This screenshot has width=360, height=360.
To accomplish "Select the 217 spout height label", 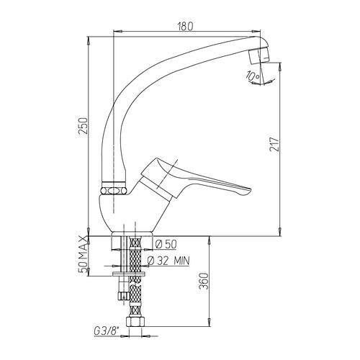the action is tap(274, 144).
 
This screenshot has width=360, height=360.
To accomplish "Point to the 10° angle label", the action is tap(252, 76).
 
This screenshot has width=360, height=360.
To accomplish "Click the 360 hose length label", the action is tap(204, 282).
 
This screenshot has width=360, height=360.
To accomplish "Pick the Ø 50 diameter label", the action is tap(166, 244).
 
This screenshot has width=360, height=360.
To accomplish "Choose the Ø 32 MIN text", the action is tap(168, 261).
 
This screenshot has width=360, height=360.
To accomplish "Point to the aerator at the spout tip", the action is tap(258, 55).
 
